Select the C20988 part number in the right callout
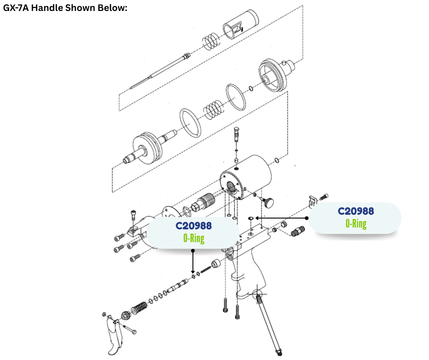click(x=356, y=211)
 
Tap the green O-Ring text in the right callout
click(x=356, y=223)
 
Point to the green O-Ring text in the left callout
click(x=194, y=238)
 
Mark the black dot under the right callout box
click(x=307, y=218)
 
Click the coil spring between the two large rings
click(x=213, y=110)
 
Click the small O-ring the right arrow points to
click(x=251, y=219)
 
